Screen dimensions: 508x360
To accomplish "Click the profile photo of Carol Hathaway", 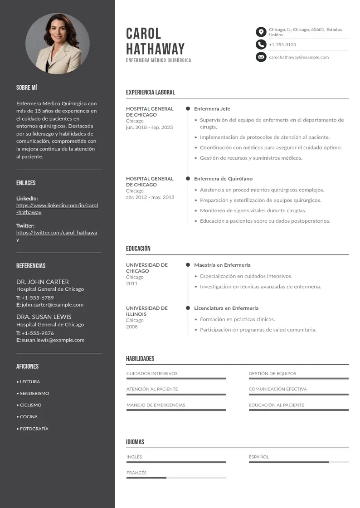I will [58, 44].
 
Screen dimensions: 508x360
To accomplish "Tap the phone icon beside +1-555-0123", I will [261, 44].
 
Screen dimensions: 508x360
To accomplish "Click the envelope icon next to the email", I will [261, 57].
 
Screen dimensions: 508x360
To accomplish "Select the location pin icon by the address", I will [261, 32].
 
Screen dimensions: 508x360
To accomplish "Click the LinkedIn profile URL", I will [57, 209].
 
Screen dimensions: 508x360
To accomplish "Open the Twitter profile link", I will [57, 236].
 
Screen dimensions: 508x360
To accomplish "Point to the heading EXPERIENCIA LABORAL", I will [150, 93].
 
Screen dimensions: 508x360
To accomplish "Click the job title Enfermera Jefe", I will [212, 109].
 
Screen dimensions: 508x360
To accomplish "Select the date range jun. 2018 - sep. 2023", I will [149, 127].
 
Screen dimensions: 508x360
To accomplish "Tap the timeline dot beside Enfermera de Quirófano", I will [188, 179].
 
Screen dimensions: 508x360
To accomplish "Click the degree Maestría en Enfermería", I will [222, 265].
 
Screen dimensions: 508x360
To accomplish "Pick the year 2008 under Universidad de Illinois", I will [132, 327].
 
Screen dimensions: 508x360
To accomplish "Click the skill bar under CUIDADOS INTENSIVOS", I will [176, 378].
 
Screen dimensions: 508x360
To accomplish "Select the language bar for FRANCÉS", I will [176, 478].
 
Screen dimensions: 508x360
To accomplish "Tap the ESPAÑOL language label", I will [259, 457].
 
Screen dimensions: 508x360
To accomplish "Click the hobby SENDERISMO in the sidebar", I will [34, 393].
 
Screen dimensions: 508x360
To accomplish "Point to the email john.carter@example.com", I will [53, 305].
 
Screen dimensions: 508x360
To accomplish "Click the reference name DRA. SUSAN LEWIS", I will [44, 317].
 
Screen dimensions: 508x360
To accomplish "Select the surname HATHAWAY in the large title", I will [156, 49].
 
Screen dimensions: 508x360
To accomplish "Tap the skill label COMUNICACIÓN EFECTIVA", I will [277, 389].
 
